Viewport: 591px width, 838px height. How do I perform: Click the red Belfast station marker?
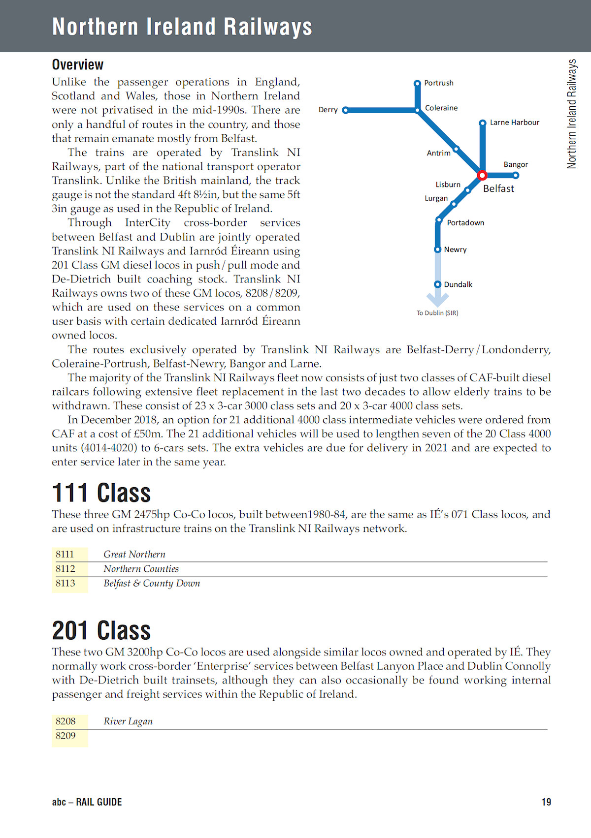tap(482, 175)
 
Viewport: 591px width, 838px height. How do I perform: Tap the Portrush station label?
tap(439, 83)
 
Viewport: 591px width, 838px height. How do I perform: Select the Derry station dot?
tap(345, 110)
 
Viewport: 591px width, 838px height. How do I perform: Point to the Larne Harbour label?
tap(514, 123)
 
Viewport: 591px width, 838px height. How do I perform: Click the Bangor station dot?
tap(516, 175)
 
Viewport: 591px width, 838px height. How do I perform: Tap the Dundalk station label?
tap(458, 284)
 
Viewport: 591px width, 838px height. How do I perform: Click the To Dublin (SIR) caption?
tap(437, 313)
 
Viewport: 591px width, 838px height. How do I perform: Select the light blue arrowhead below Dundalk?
tap(437, 299)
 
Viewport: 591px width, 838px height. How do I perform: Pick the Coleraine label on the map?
tap(441, 108)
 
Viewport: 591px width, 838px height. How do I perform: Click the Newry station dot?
tap(437, 249)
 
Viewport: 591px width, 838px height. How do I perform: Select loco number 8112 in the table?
tap(66, 569)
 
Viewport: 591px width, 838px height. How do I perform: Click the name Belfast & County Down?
tap(152, 584)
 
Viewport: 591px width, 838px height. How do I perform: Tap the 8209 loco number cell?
tap(66, 736)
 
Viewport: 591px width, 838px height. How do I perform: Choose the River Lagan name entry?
tap(128, 721)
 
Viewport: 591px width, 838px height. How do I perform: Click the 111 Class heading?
tap(101, 493)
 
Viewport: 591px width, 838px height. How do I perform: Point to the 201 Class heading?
tap(101, 631)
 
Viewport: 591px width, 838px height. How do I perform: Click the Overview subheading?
tap(78, 65)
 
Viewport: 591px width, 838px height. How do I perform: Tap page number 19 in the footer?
tap(546, 802)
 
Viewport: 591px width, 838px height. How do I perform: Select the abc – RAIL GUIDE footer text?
tap(87, 802)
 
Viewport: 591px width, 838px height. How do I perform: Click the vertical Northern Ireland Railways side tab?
tap(572, 114)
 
